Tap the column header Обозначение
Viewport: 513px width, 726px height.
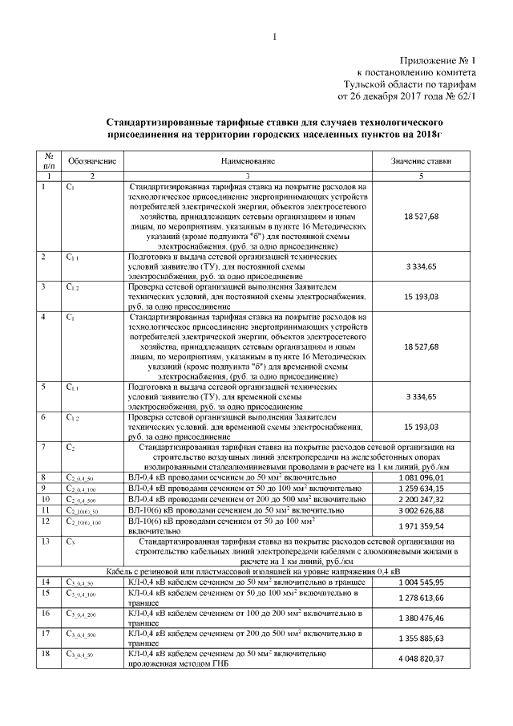tap(91, 161)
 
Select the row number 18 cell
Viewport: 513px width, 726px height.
tap(49, 654)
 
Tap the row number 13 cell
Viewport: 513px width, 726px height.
tap(49, 541)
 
